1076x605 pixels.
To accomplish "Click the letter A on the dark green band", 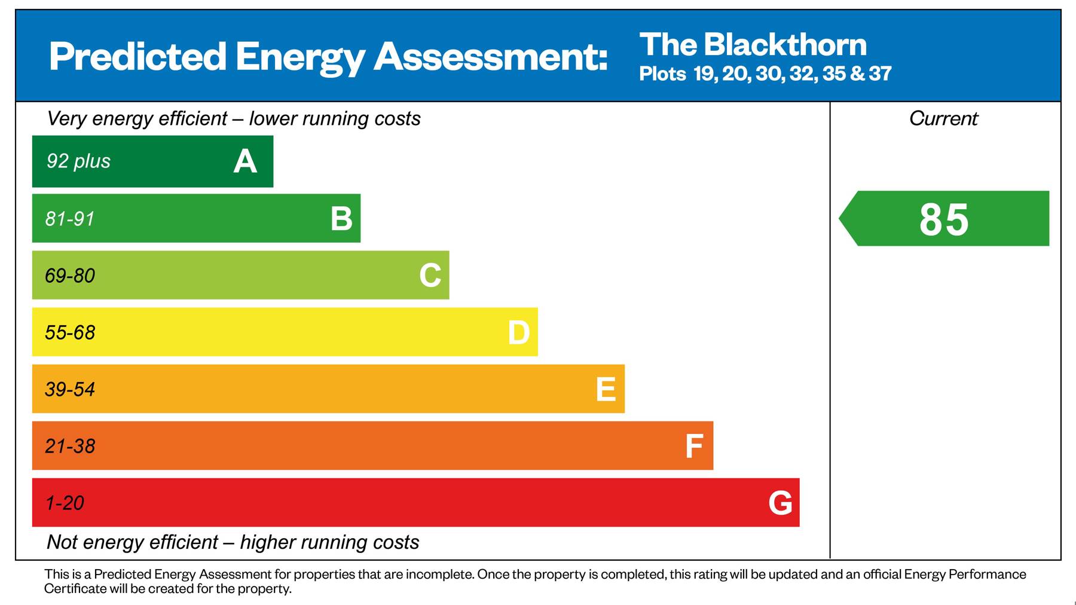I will (x=245, y=161).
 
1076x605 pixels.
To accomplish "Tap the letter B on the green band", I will (x=341, y=219).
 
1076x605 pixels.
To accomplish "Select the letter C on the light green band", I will (x=430, y=276).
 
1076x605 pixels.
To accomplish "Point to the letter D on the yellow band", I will (x=518, y=332).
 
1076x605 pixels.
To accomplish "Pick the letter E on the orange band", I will (x=606, y=389).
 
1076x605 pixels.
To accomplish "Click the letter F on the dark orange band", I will (x=693, y=446).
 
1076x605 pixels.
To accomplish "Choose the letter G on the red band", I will (x=780, y=503).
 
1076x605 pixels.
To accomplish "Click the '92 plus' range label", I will (x=78, y=161).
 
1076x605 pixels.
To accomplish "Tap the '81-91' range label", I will (x=70, y=219).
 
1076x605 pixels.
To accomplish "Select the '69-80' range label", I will (x=70, y=276).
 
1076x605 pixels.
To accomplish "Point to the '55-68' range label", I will (x=70, y=332).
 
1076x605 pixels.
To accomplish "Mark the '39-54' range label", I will (x=70, y=389).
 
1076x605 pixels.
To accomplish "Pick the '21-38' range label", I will (x=70, y=446).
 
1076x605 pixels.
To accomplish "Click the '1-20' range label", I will (x=65, y=503).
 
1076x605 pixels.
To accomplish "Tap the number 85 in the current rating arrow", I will (x=943, y=219).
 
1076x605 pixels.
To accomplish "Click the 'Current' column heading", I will (x=943, y=118).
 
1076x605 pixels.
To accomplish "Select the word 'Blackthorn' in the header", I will (x=785, y=45).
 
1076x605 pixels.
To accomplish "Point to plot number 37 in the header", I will (x=880, y=74).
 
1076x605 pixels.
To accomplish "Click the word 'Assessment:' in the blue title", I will (x=490, y=57).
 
